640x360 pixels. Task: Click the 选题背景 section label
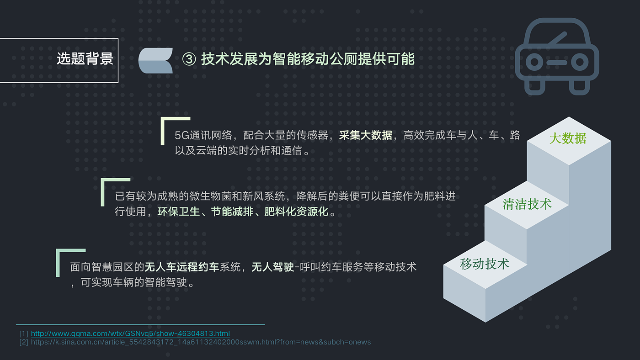(x=85, y=59)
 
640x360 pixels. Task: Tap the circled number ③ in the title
(x=189, y=59)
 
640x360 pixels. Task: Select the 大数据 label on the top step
(x=568, y=138)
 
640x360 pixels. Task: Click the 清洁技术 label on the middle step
(x=527, y=204)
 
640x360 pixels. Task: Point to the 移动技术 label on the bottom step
(x=485, y=264)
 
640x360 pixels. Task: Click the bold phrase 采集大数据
(x=365, y=135)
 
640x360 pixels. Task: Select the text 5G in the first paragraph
(x=182, y=136)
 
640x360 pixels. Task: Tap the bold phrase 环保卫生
(x=179, y=212)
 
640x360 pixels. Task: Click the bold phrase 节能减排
(x=232, y=212)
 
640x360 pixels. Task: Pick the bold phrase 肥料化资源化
(x=296, y=212)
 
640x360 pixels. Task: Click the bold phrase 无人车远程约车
(x=182, y=267)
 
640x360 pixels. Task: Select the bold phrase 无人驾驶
(x=272, y=267)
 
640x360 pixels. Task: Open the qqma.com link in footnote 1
(x=130, y=334)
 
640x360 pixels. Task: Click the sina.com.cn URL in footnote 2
(x=201, y=342)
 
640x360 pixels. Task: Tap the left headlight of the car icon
(x=534, y=62)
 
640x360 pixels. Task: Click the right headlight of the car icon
(x=580, y=62)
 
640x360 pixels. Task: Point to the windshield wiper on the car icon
(x=557, y=38)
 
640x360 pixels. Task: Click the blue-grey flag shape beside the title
(x=155, y=60)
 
